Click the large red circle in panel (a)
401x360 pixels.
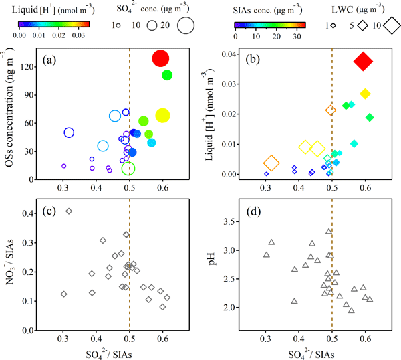(x=160, y=58)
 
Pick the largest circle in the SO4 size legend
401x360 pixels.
(x=186, y=26)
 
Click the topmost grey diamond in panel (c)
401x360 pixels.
(x=69, y=211)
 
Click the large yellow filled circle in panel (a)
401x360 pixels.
(x=162, y=116)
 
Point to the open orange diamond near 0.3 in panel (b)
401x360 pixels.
(x=271, y=163)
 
